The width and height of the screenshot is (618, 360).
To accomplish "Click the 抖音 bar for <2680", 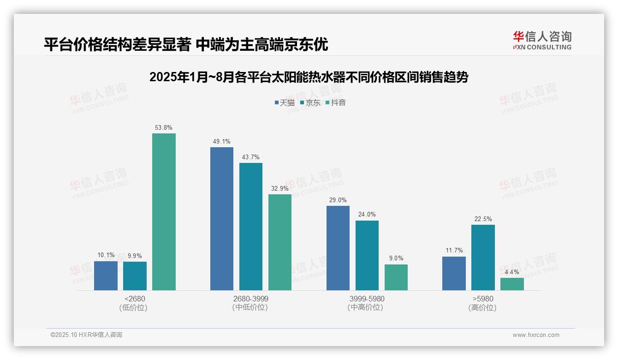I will click(x=164, y=212).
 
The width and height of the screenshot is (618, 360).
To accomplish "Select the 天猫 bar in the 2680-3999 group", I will click(x=222, y=219).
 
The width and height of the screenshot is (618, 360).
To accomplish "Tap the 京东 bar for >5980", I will click(x=483, y=258).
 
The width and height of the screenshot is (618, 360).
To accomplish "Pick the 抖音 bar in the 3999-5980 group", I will click(x=396, y=277).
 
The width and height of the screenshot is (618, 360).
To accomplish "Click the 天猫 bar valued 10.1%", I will click(x=106, y=276).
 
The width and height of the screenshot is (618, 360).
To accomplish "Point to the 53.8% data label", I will click(x=164, y=127).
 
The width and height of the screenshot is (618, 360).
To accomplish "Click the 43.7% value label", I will click(x=250, y=157).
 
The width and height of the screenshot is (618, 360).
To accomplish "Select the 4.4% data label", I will click(x=512, y=272).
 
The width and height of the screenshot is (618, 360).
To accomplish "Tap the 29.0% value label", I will click(x=338, y=200).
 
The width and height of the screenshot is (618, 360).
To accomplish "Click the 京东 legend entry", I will click(x=310, y=102).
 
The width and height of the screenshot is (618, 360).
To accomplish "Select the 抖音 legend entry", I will click(x=335, y=102).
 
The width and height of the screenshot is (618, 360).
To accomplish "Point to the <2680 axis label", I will click(x=135, y=299).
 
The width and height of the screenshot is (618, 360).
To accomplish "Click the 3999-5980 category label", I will click(x=367, y=299).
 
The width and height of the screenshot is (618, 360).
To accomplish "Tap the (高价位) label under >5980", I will click(x=482, y=307).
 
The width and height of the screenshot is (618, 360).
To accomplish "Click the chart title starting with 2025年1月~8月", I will click(x=309, y=77).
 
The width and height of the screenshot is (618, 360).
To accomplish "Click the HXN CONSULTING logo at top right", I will click(x=542, y=40).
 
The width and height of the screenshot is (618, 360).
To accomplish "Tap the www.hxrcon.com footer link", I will click(x=535, y=335).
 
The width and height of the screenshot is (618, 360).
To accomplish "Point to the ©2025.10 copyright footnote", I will click(x=86, y=335).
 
